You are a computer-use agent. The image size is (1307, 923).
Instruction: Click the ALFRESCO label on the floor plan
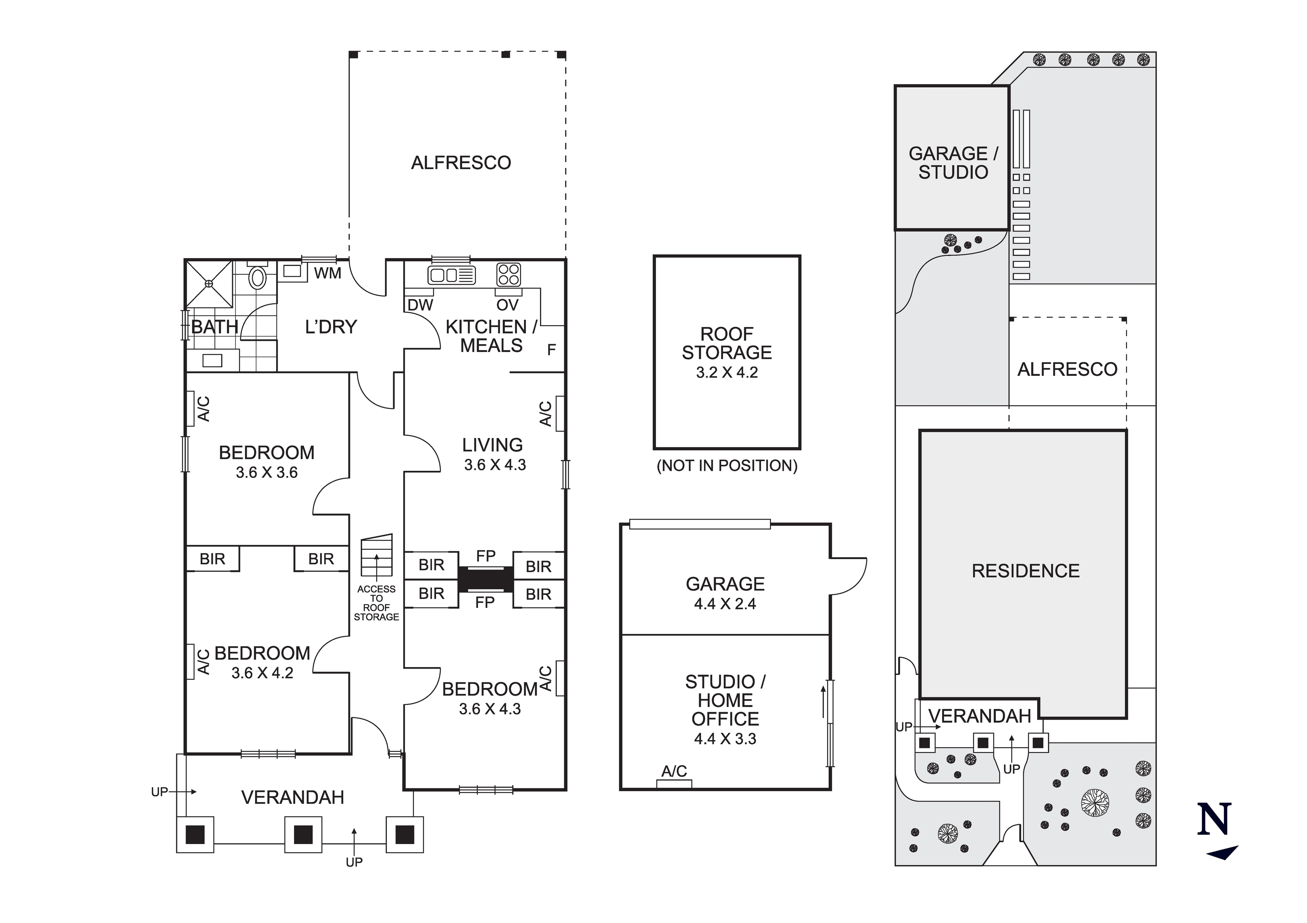coord(461,163)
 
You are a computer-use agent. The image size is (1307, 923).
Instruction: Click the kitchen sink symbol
coord(451,275)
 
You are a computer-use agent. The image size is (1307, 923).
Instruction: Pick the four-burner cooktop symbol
coord(508,274)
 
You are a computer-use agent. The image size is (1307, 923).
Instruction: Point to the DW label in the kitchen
coord(420,305)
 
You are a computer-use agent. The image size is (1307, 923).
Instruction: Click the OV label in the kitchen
coord(507,305)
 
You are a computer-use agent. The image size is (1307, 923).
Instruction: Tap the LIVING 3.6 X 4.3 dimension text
coord(495,465)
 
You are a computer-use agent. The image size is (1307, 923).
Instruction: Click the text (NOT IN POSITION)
coord(727,466)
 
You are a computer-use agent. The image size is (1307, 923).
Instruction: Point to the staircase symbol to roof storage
coord(377,555)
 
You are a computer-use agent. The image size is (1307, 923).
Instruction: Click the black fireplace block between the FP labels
coord(486,579)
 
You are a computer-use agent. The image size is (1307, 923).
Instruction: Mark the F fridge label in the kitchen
coord(551,349)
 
